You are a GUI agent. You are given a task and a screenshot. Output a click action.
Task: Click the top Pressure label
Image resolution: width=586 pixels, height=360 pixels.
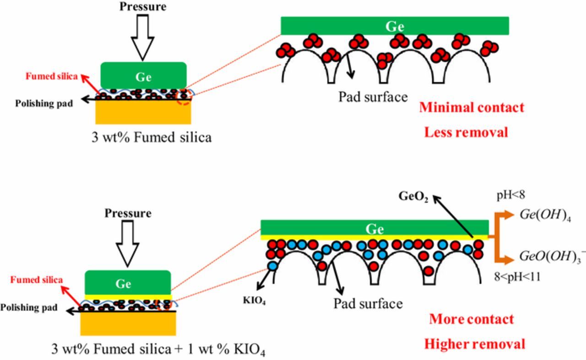pyautogui.click(x=143, y=6)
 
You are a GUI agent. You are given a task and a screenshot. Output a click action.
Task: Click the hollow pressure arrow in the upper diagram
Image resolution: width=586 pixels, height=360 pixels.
pyautogui.click(x=143, y=37)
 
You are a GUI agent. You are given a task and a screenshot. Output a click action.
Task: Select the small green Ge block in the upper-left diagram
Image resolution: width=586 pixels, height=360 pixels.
pyautogui.click(x=143, y=76)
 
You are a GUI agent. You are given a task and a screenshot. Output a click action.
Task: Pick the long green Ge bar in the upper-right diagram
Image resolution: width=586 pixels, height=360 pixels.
pyautogui.click(x=395, y=26)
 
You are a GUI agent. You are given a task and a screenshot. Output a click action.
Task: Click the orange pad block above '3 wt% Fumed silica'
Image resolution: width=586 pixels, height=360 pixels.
pyautogui.click(x=143, y=112)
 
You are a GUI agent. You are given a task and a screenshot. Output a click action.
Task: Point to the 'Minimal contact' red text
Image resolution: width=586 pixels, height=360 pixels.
pyautogui.click(x=472, y=108)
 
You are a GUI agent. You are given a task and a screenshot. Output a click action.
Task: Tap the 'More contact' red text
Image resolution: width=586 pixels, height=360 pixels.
pyautogui.click(x=471, y=319)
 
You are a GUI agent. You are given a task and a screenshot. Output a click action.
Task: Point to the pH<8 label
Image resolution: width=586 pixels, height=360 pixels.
pyautogui.click(x=511, y=196)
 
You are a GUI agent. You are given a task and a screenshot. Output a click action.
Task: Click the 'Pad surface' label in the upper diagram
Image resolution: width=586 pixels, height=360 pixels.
pyautogui.click(x=373, y=97)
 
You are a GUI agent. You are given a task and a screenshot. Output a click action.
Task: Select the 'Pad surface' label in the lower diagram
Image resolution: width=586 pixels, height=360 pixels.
pyautogui.click(x=368, y=304)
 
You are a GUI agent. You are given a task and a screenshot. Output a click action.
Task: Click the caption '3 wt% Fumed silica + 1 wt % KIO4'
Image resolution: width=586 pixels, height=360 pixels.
pyautogui.click(x=158, y=350)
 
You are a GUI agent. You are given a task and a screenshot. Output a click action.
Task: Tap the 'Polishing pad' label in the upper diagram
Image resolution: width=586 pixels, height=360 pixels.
pyautogui.click(x=44, y=103)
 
